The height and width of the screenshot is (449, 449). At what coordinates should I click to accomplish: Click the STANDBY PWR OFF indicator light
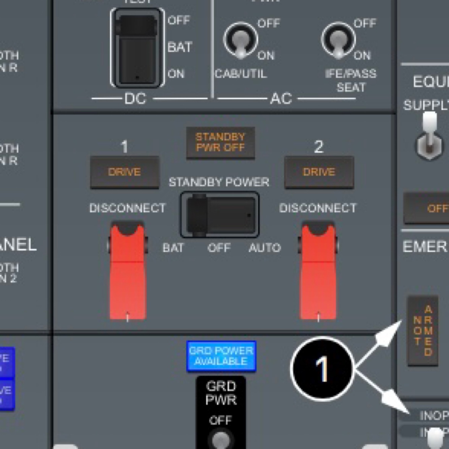(220, 142)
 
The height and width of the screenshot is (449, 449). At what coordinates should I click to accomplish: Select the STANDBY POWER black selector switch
(220, 215)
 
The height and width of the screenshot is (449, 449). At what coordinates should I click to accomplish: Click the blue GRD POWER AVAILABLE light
(221, 356)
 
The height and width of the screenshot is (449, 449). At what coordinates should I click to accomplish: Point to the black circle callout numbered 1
(322, 369)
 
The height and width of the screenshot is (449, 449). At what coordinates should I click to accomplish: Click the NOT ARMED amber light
(423, 331)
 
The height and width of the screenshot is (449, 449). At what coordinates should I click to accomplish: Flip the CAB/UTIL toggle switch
(240, 41)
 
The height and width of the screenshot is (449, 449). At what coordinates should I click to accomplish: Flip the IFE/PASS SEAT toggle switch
(338, 41)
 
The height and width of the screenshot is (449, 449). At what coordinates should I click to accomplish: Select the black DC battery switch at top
(137, 48)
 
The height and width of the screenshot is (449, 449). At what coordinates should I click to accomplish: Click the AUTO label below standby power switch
(265, 248)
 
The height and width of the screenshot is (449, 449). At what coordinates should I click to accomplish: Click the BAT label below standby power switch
(173, 248)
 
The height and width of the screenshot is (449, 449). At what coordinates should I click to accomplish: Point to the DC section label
(135, 99)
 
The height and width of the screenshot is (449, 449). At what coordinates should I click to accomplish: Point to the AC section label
(281, 99)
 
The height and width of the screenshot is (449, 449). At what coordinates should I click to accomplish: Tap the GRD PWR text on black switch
(221, 393)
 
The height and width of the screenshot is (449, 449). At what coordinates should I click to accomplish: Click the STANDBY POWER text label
(219, 182)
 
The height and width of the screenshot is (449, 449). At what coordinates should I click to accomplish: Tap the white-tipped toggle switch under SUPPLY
(429, 138)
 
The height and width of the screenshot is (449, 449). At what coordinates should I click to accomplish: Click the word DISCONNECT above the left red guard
(127, 208)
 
